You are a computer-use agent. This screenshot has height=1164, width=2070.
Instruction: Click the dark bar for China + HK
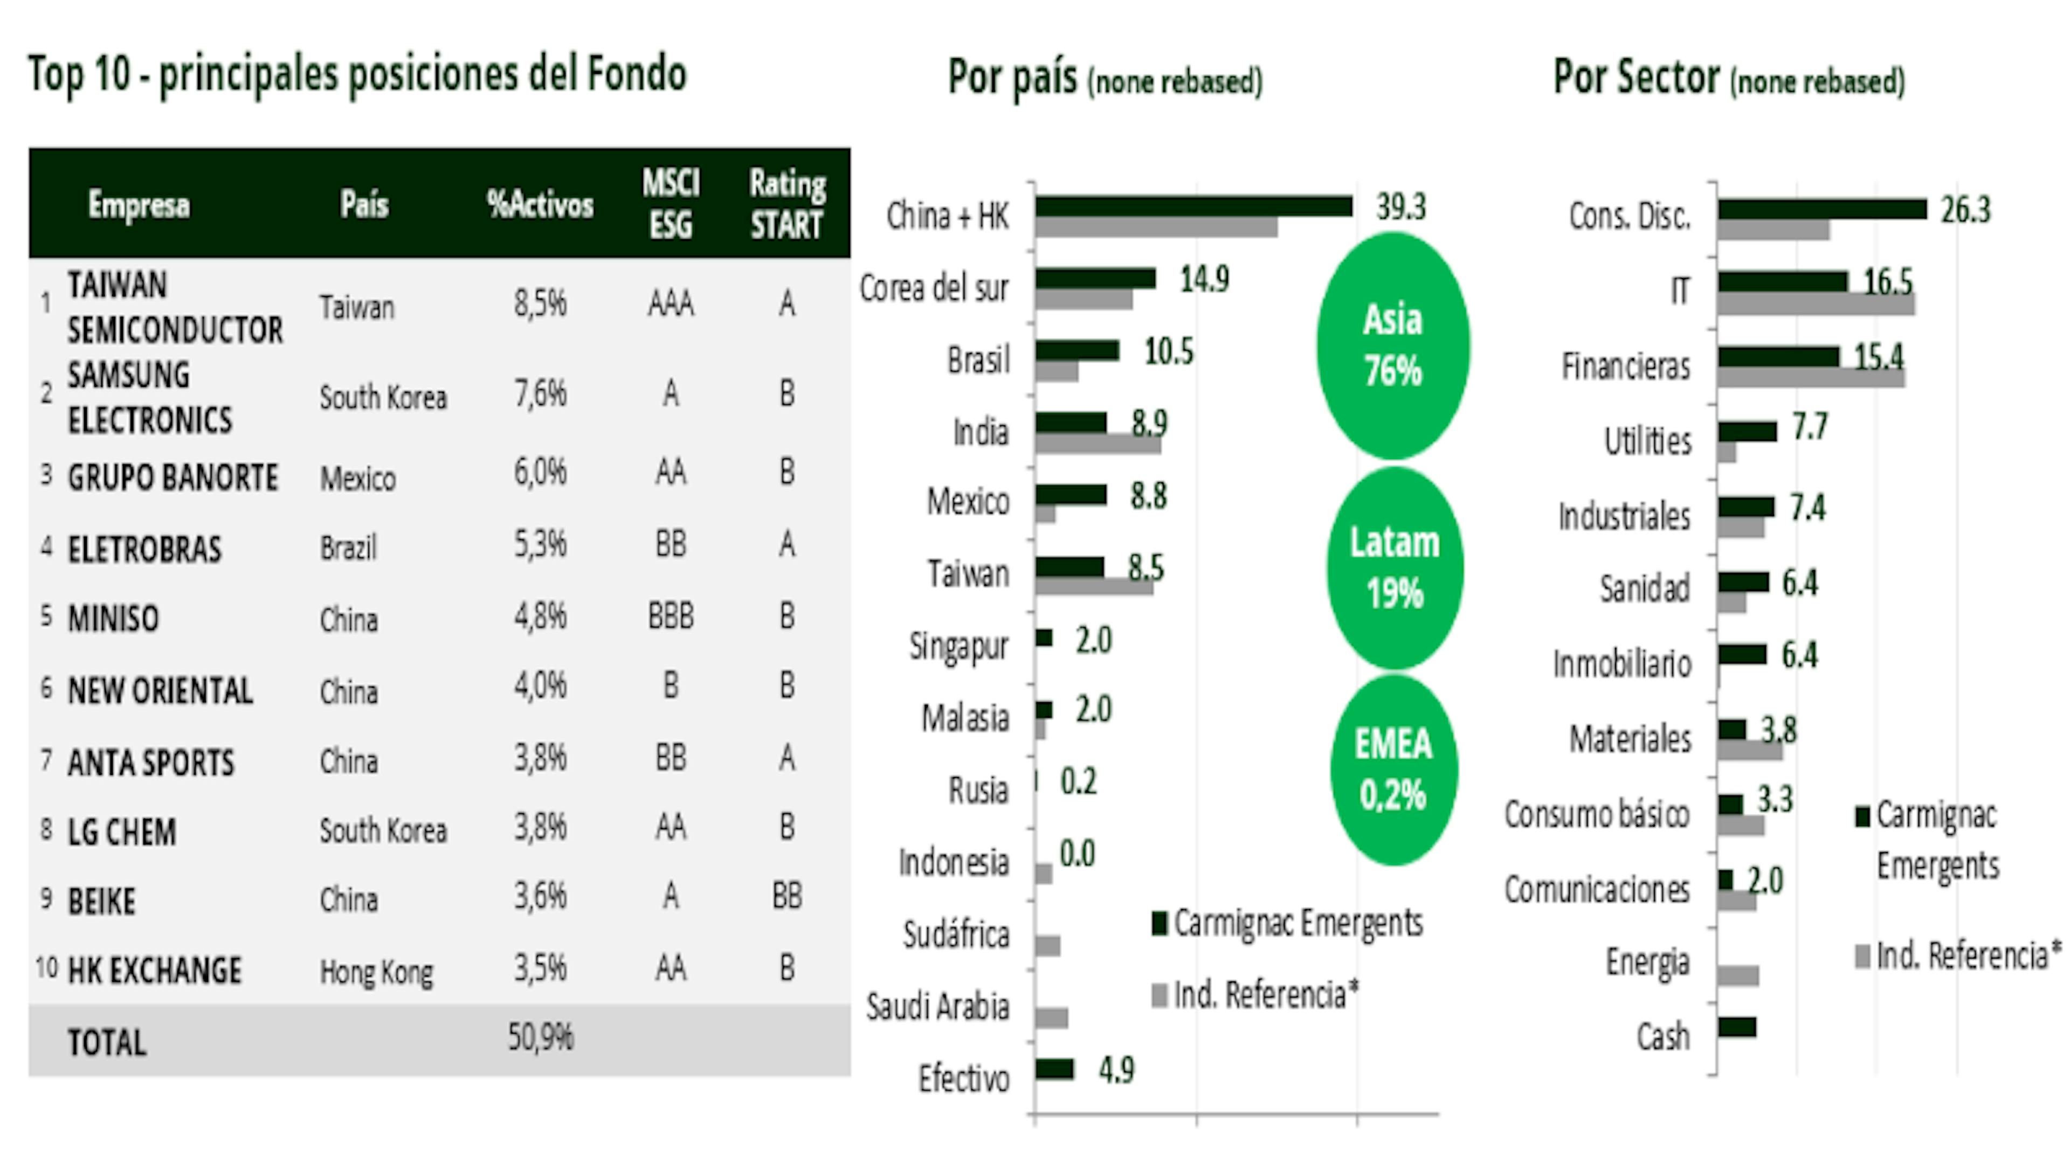click(x=1193, y=206)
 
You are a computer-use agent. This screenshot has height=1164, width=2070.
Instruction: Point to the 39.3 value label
click(x=1400, y=207)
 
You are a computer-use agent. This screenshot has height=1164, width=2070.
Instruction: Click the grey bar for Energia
click(x=1738, y=976)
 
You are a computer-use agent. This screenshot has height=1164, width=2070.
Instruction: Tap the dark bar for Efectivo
click(x=1054, y=1069)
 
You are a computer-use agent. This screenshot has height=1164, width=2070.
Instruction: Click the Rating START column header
click(x=786, y=204)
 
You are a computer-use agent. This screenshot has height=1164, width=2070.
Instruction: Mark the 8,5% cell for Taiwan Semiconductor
click(x=540, y=303)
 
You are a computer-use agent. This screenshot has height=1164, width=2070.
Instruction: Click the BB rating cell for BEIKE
click(x=786, y=896)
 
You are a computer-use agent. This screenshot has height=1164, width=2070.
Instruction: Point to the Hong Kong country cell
click(x=376, y=972)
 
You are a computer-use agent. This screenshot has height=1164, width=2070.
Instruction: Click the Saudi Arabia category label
click(x=937, y=1007)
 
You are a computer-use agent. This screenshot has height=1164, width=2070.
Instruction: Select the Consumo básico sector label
click(x=1597, y=815)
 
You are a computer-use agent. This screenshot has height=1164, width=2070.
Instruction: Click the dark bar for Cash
click(x=1736, y=1027)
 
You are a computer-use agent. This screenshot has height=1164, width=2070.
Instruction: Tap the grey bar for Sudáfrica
click(x=1047, y=946)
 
